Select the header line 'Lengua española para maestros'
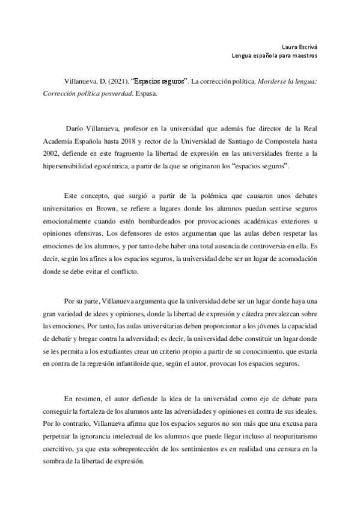pyautogui.click(x=274, y=56)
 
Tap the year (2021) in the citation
pyautogui.click(x=114, y=80)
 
